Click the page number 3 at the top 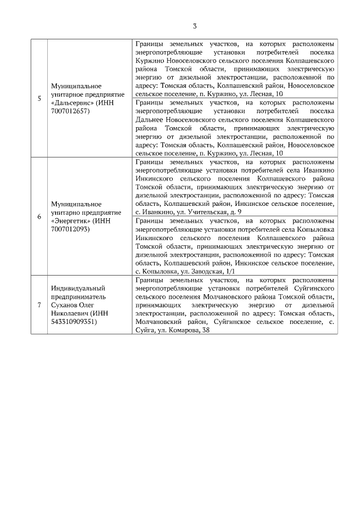click(x=195, y=26)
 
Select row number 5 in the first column click(x=39, y=98)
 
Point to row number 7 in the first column click(x=39, y=305)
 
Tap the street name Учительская click(x=203, y=211)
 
